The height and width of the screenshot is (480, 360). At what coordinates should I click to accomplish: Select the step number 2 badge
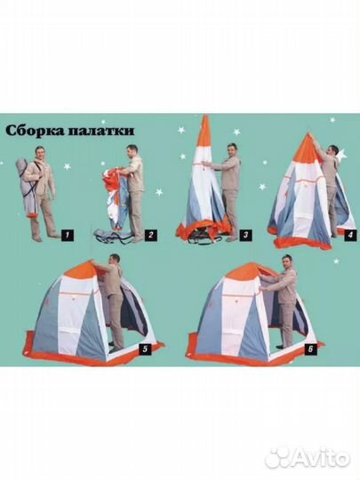(151, 236)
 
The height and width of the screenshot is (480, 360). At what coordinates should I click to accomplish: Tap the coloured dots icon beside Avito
(278, 459)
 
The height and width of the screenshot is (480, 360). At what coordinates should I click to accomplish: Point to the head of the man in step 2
(132, 150)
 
